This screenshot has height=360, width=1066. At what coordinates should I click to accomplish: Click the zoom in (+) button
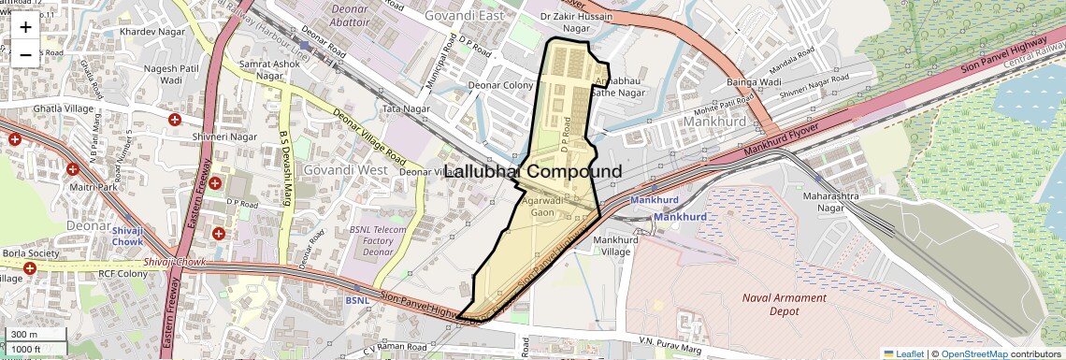click(25, 27)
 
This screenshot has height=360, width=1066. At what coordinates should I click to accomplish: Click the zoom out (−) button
click(25, 54)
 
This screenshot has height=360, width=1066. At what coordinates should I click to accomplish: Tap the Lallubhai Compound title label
click(532, 172)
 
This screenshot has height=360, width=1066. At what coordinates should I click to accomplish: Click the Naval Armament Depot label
click(785, 305)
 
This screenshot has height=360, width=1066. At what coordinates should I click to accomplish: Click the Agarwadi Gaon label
click(543, 207)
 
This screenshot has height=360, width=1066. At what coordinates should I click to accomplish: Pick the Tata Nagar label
click(405, 109)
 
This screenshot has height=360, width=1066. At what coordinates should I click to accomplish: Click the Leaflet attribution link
click(903, 353)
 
